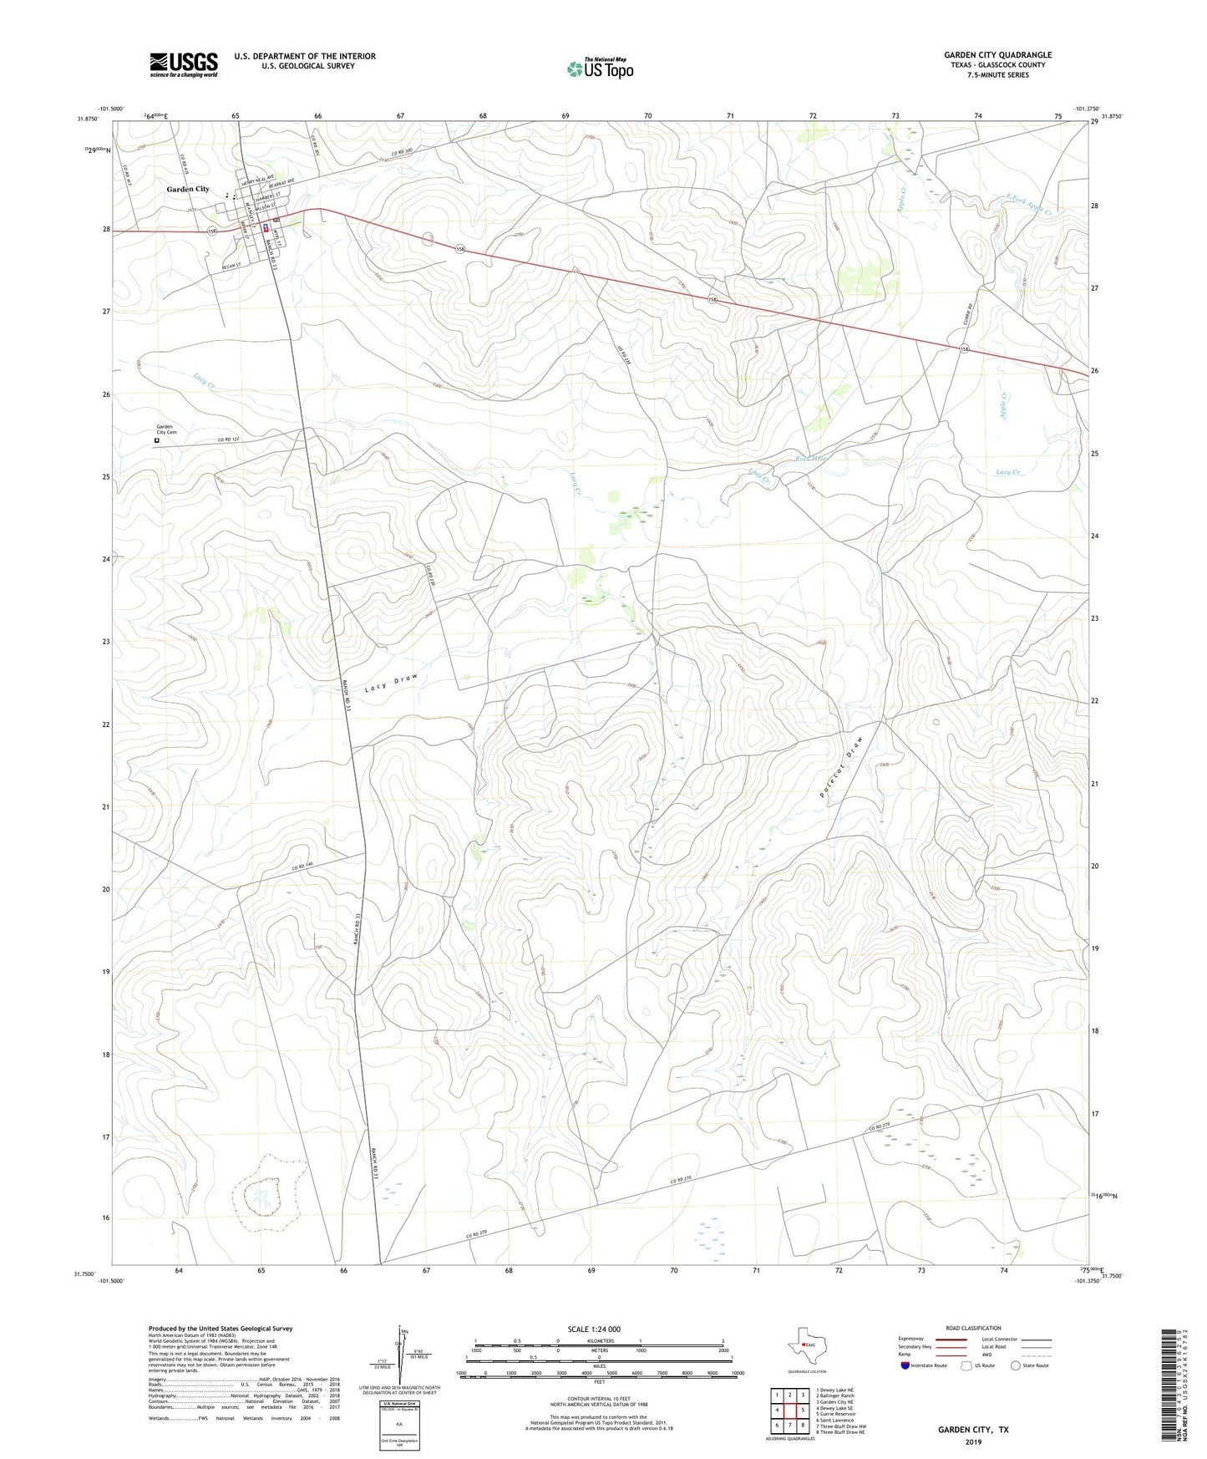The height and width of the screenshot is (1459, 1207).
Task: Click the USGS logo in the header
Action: point(183,64)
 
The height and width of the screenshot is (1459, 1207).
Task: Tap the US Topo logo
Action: point(599,69)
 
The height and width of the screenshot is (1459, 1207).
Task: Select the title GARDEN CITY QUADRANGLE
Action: point(997,55)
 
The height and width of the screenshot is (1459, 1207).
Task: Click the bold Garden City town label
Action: point(188,190)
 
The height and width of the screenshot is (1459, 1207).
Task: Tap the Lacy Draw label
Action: point(390,683)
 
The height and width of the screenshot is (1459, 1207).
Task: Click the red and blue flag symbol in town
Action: point(266,227)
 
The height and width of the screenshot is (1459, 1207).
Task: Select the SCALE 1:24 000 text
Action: point(593,1329)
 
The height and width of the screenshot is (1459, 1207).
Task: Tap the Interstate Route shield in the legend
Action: point(906,1365)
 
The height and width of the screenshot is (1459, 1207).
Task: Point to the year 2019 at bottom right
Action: point(972,1441)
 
